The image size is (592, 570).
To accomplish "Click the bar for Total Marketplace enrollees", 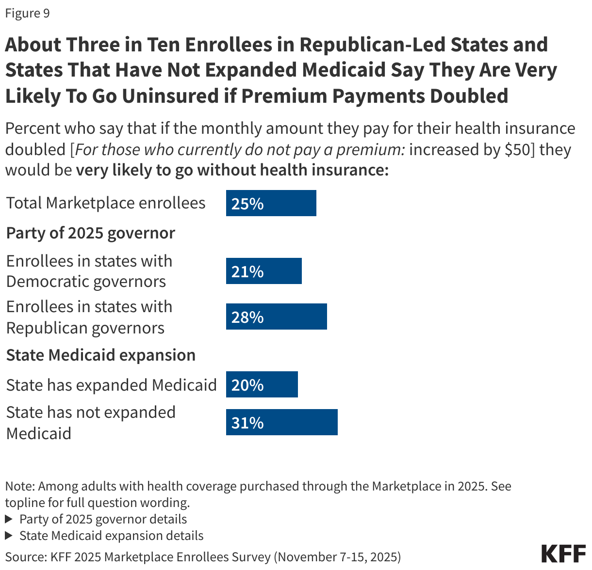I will [x=271, y=203].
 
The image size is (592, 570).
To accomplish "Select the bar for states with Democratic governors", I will [x=263, y=271].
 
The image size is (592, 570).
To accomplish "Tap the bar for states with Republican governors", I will [x=276, y=317].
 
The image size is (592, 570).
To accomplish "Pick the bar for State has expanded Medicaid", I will [x=262, y=384].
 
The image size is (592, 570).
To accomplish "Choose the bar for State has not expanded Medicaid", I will [x=281, y=422].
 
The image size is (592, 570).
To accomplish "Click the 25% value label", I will [x=247, y=204].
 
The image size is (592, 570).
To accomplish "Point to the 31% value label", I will [x=247, y=423].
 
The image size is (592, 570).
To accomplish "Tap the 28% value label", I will [x=247, y=317].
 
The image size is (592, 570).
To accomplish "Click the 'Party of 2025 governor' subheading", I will [x=91, y=233].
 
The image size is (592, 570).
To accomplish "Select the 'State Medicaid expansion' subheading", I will [x=101, y=355].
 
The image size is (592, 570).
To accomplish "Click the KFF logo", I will [x=563, y=554].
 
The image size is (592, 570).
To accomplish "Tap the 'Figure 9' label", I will [x=28, y=13].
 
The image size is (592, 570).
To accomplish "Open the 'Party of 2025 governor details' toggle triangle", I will [x=9, y=519].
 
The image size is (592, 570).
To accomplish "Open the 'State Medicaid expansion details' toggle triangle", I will [x=9, y=536].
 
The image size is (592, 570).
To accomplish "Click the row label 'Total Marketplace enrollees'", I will [x=106, y=203].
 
